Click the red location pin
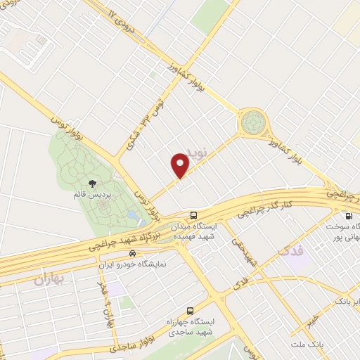point(181,166)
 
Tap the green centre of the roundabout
point(252,123)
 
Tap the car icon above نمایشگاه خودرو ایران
point(133,252)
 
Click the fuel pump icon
point(348,217)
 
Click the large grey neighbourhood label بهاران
point(48,279)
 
